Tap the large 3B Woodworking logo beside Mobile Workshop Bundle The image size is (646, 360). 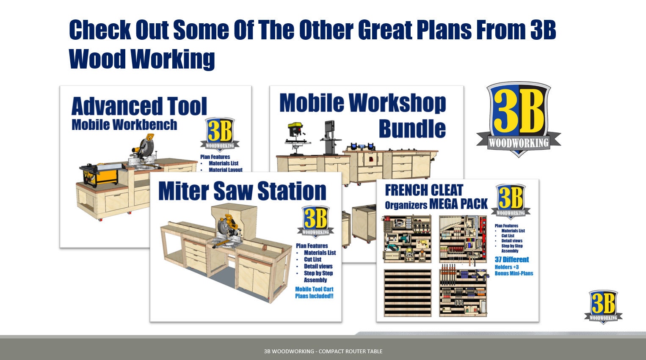pos(519,119)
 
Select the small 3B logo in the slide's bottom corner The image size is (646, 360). pos(603,306)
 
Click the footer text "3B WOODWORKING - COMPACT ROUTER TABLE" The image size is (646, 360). pos(323,352)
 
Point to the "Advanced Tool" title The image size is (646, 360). pos(139,106)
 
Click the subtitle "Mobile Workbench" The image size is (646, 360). pos(124,125)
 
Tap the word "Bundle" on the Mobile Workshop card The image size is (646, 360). pos(412,129)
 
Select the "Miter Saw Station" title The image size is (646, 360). pos(242,191)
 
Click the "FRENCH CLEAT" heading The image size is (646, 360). pos(424,190)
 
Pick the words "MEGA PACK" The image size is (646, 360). pos(458,204)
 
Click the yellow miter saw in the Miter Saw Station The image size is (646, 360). pos(228,231)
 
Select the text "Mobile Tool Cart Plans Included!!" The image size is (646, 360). pos(314,293)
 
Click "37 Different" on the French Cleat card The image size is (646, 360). pos(512,259)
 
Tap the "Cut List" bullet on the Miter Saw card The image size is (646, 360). pos(312,259)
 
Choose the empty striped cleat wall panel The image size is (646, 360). pos(408,293)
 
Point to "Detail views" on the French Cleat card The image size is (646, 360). pos(512,241)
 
